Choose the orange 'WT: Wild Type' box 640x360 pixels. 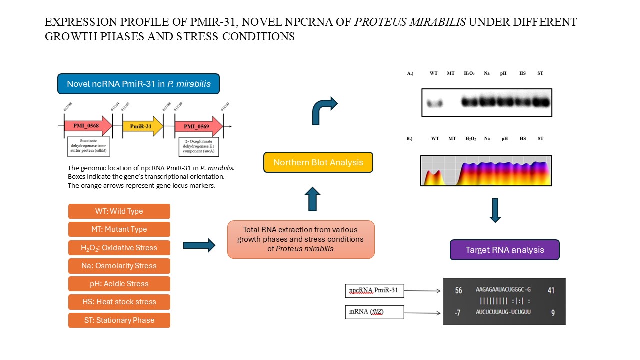(x=119, y=211)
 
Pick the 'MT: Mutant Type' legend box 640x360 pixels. (x=119, y=229)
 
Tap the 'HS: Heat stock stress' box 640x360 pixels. (x=119, y=302)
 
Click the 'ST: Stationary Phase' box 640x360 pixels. (x=119, y=320)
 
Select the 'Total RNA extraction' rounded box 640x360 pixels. (x=301, y=239)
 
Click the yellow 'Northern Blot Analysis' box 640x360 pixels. (x=318, y=162)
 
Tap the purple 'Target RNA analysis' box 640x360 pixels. (x=504, y=250)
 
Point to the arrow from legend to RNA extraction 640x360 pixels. (x=199, y=245)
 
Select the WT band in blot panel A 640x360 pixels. (x=434, y=103)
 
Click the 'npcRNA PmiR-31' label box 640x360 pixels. (x=374, y=290)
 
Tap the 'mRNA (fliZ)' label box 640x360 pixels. (x=374, y=313)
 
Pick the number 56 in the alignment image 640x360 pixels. (x=458, y=290)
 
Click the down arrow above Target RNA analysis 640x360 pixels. (x=495, y=210)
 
